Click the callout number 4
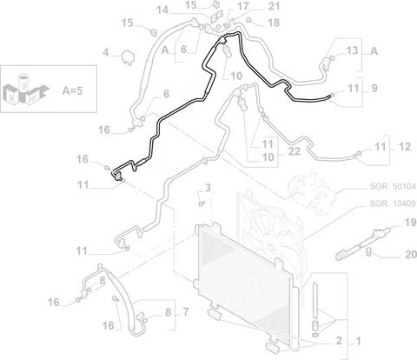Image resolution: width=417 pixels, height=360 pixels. (x=106, y=53)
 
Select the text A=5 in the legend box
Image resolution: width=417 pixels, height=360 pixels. (x=72, y=90)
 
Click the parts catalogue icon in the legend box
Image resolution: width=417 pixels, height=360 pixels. (x=25, y=90)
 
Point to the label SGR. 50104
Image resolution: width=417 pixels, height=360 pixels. (x=393, y=186)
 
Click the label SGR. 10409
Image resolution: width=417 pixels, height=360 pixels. (x=393, y=203)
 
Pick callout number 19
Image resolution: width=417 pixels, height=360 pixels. (x=410, y=223)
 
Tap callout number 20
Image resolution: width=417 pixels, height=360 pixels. (x=411, y=255)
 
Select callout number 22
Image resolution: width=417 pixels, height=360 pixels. (x=295, y=151)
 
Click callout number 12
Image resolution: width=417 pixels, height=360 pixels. (x=405, y=147)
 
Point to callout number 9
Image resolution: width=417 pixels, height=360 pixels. (x=374, y=88)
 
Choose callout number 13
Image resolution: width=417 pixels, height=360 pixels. (x=353, y=50)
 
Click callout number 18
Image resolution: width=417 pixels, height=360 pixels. (x=274, y=23)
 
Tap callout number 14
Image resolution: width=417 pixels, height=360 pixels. (x=162, y=10)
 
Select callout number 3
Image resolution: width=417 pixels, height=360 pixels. (x=208, y=188)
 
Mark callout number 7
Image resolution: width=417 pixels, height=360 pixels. (x=186, y=312)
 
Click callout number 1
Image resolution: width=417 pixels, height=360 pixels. (x=358, y=341)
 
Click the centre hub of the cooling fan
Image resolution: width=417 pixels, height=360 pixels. (x=271, y=245)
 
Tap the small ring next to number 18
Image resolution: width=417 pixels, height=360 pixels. (x=248, y=20)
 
